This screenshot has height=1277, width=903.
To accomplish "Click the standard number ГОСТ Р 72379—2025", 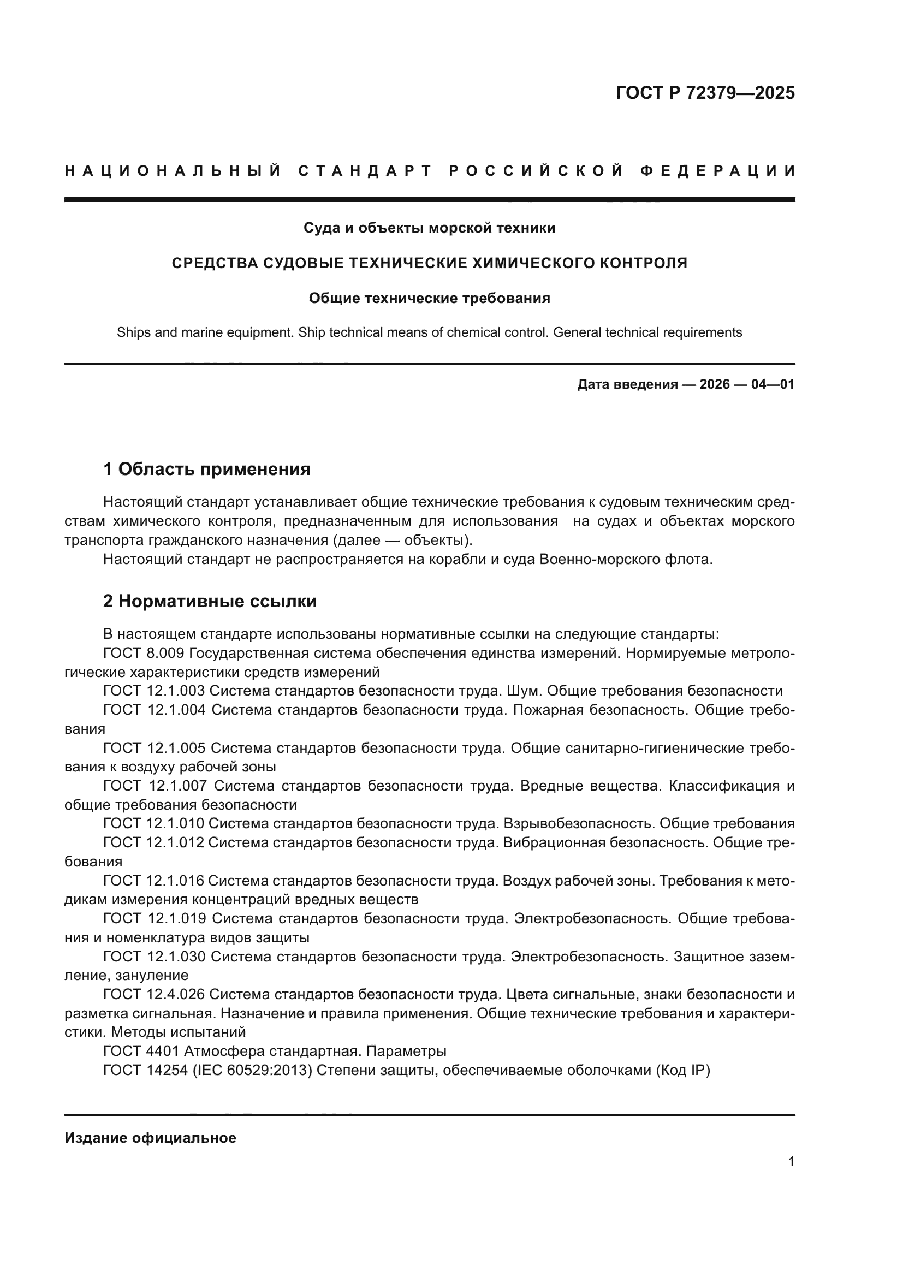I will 704,93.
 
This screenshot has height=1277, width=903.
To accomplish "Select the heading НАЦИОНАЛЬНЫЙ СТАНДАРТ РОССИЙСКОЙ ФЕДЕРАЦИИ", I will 430,171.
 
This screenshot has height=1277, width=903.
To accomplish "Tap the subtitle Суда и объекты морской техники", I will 429,228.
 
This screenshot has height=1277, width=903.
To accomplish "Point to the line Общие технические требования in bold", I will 429,299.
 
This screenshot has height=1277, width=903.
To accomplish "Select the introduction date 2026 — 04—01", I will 747,384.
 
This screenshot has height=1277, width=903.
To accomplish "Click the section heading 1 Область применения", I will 206,470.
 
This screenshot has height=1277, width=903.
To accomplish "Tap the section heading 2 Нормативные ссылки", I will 210,601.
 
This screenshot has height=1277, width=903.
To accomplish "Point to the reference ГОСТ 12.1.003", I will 154,691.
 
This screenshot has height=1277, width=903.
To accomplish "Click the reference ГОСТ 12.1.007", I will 155,786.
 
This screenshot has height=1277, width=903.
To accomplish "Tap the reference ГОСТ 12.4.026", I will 154,994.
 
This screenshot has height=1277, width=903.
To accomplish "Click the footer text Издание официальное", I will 150,1138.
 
